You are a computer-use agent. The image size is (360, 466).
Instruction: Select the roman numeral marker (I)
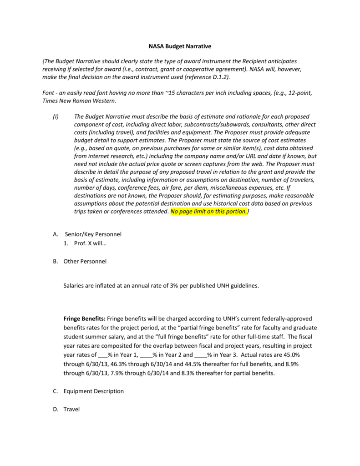pos(56,117)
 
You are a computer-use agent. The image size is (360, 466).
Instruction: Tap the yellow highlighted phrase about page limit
pos(209,212)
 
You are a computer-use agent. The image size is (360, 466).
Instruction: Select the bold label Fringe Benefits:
pos(84,319)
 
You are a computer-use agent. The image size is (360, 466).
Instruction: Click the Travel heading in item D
pos(71,409)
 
